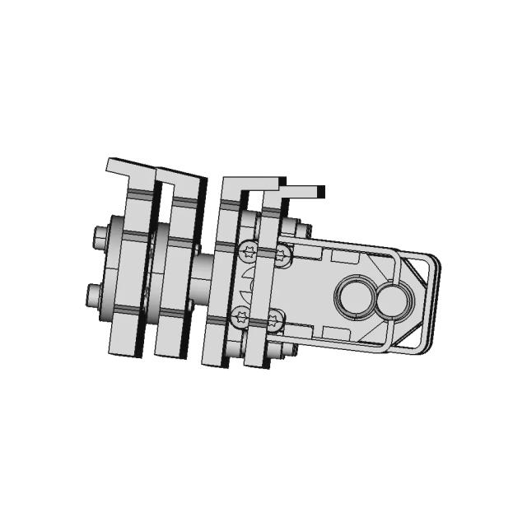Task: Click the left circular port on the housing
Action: pyautogui.click(x=356, y=297)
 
